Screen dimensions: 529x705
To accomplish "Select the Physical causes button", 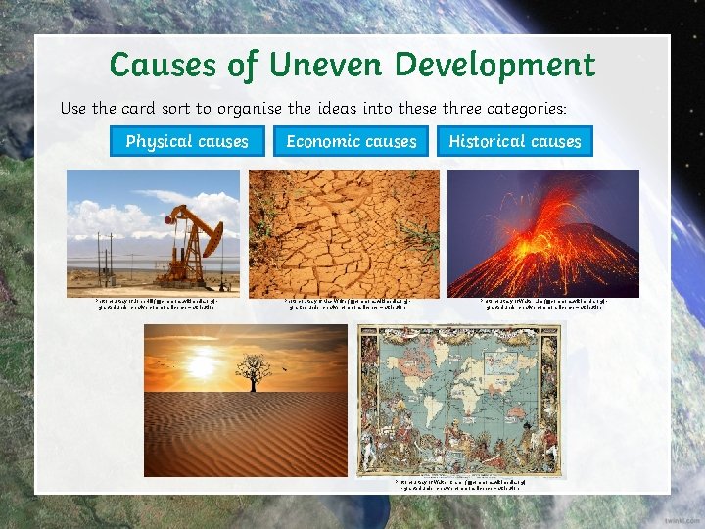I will [187, 141].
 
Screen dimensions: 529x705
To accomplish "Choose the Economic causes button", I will [352, 141].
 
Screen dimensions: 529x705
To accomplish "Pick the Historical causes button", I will [515, 141].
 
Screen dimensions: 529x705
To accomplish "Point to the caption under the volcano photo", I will [543, 304].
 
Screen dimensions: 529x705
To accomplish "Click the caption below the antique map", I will [460, 484].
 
